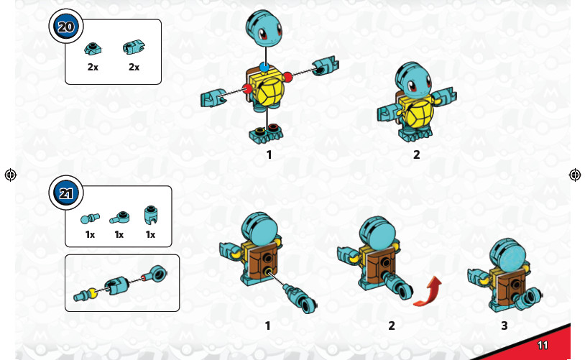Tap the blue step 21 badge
click(65, 193)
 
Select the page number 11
click(542, 345)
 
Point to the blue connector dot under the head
click(265, 67)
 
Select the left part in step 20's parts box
click(92, 49)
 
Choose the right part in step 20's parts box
click(133, 48)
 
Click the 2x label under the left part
click(93, 67)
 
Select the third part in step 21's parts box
click(150, 214)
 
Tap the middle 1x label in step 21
click(119, 234)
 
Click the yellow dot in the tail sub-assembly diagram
click(93, 293)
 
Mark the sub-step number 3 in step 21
click(504, 326)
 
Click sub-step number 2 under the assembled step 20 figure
click(416, 154)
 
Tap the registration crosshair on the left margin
click(10, 175)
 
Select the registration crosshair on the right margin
click(574, 175)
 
